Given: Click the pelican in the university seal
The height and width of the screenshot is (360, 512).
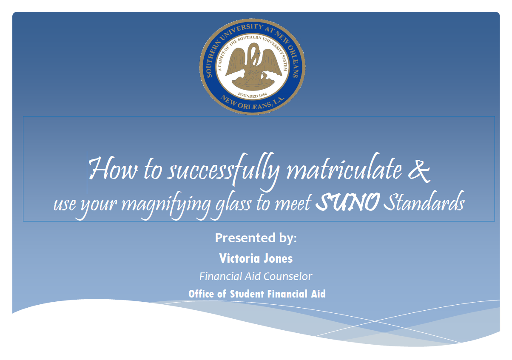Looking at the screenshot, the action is [x=253, y=62].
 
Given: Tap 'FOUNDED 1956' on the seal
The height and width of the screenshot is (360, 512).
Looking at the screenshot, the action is [x=252, y=96].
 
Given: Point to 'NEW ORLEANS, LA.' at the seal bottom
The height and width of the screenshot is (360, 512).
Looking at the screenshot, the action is [x=252, y=103].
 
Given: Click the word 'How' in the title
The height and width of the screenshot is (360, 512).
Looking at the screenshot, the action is [x=113, y=169].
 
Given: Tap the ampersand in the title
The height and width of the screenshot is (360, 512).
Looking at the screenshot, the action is [x=419, y=171].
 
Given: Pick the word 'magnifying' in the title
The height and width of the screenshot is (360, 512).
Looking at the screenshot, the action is [x=166, y=205].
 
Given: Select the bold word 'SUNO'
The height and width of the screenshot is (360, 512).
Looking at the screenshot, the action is [x=348, y=202].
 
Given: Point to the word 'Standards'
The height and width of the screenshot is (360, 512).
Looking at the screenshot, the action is [x=424, y=201].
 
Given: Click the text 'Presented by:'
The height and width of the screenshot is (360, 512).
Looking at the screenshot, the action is [x=256, y=238].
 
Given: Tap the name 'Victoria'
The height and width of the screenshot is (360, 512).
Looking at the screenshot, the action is [x=239, y=258].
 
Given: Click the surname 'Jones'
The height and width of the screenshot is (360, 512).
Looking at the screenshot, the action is [x=278, y=258].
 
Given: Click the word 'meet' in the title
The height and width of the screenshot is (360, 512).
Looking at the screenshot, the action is [x=293, y=203].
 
